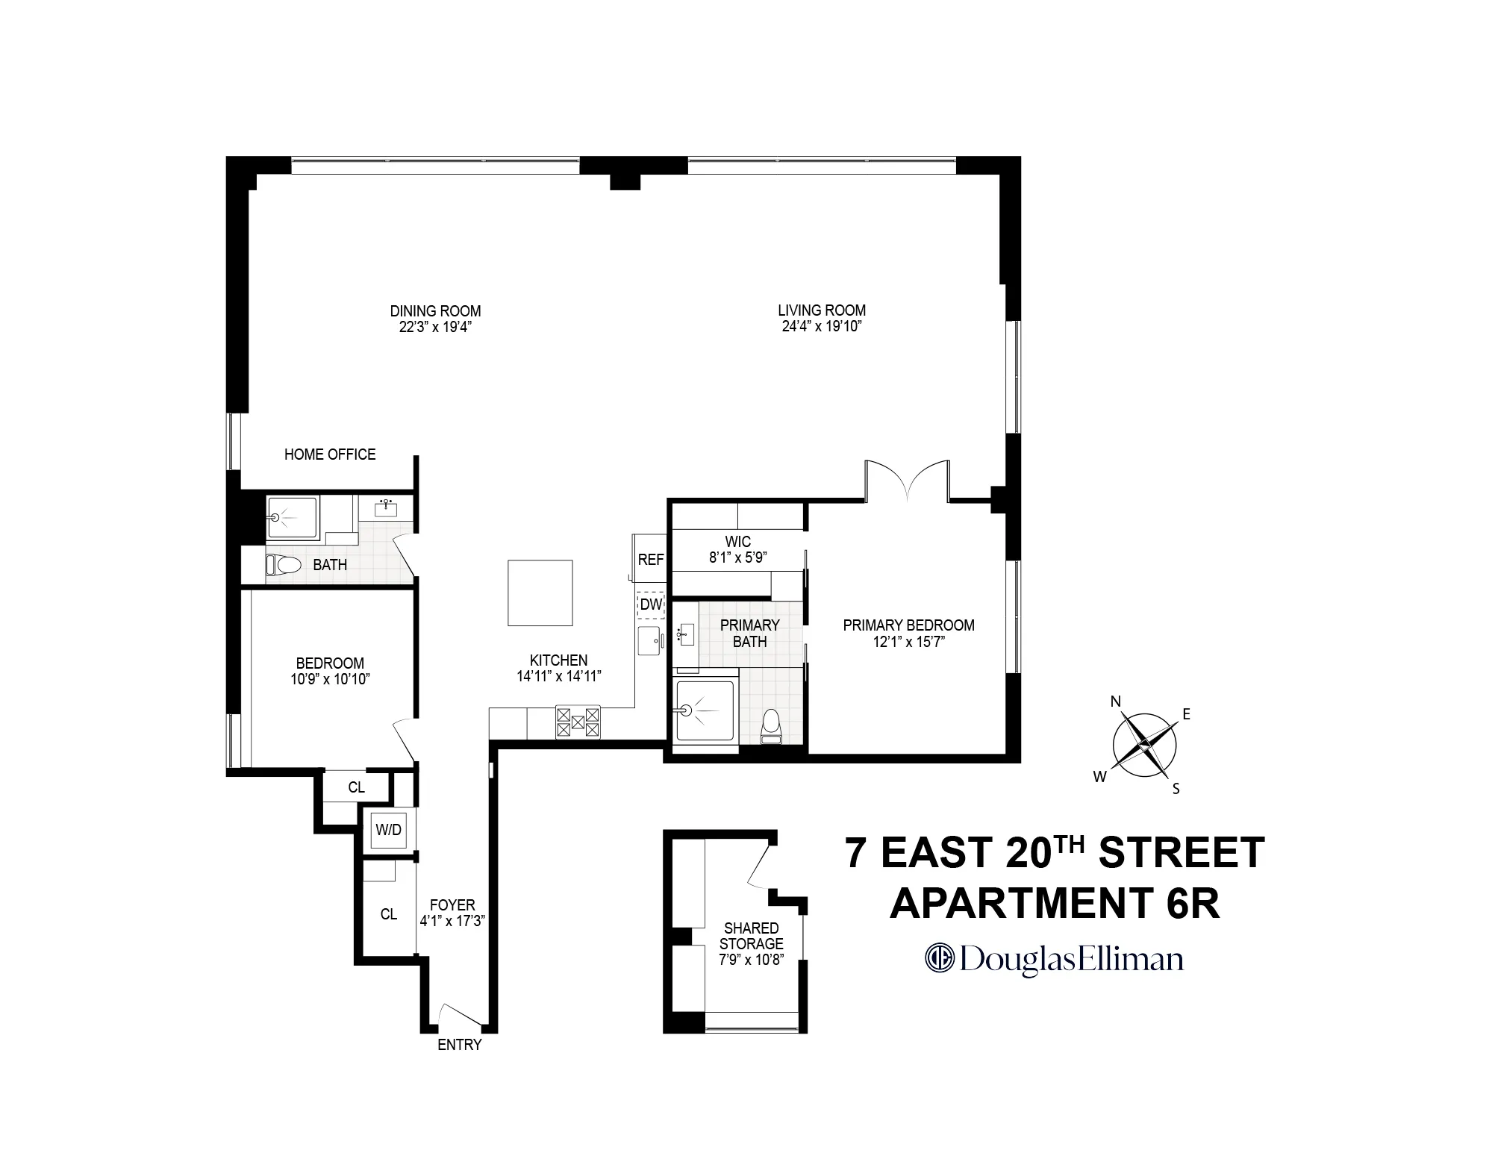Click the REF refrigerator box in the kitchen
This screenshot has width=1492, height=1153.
click(650, 559)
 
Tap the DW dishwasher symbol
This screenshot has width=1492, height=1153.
click(651, 604)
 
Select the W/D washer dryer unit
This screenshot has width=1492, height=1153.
click(388, 830)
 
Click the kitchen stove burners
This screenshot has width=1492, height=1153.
click(578, 722)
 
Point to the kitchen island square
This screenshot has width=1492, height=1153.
click(540, 593)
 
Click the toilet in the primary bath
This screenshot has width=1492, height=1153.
click(771, 727)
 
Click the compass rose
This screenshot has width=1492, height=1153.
click(1143, 746)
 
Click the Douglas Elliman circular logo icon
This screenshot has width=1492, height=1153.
click(940, 958)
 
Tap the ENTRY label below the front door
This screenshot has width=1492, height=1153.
click(459, 1045)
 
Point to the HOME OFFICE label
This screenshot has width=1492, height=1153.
click(329, 454)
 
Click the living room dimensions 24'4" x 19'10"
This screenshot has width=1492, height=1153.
click(822, 326)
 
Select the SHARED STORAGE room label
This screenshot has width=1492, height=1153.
click(751, 936)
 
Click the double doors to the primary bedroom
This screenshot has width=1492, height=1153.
click(907, 481)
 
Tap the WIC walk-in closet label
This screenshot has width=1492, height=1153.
click(737, 541)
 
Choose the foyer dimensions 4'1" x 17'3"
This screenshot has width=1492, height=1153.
click(452, 921)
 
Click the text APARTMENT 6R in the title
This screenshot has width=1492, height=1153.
click(1054, 902)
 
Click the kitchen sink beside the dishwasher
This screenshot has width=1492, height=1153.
click(650, 641)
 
